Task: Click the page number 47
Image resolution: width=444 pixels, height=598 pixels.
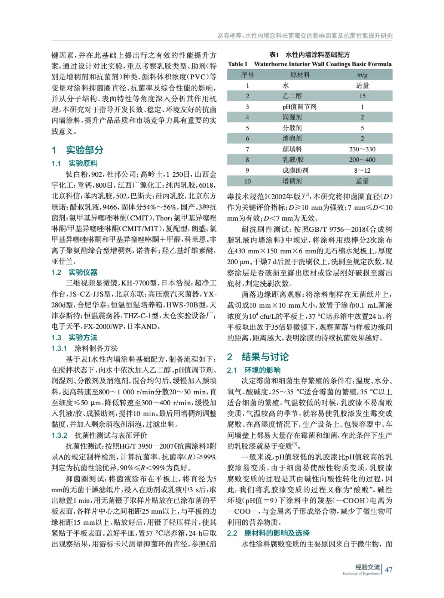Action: tap(389, 570)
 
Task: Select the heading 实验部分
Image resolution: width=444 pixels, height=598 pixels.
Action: tap(84, 150)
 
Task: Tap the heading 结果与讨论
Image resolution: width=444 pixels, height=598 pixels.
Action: tap(265, 357)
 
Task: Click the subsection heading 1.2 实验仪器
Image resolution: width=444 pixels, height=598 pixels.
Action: tap(74, 272)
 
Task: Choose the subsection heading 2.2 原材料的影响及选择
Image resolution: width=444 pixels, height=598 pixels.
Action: tap(268, 533)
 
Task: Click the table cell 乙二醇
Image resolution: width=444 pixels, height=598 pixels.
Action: tap(292, 96)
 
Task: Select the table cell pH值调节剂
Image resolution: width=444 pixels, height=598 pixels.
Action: tap(299, 107)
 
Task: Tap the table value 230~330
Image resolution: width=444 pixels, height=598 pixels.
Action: tap(362, 149)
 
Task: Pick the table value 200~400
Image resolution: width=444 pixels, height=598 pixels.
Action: tap(362, 160)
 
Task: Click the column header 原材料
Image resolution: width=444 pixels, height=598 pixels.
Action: tap(300, 75)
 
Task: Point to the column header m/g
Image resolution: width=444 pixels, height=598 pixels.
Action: tap(362, 75)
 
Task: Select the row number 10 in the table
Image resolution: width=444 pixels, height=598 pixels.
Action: tap(247, 181)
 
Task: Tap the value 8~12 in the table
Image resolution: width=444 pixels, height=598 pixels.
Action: tap(362, 170)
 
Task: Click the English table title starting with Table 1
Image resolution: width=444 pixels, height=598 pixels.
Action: tap(310, 64)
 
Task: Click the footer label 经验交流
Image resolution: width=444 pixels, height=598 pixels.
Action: tap(367, 567)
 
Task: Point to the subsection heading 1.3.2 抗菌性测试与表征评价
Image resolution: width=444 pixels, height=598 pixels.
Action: tap(99, 435)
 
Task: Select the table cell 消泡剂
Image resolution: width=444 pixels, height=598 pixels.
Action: tap(292, 138)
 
